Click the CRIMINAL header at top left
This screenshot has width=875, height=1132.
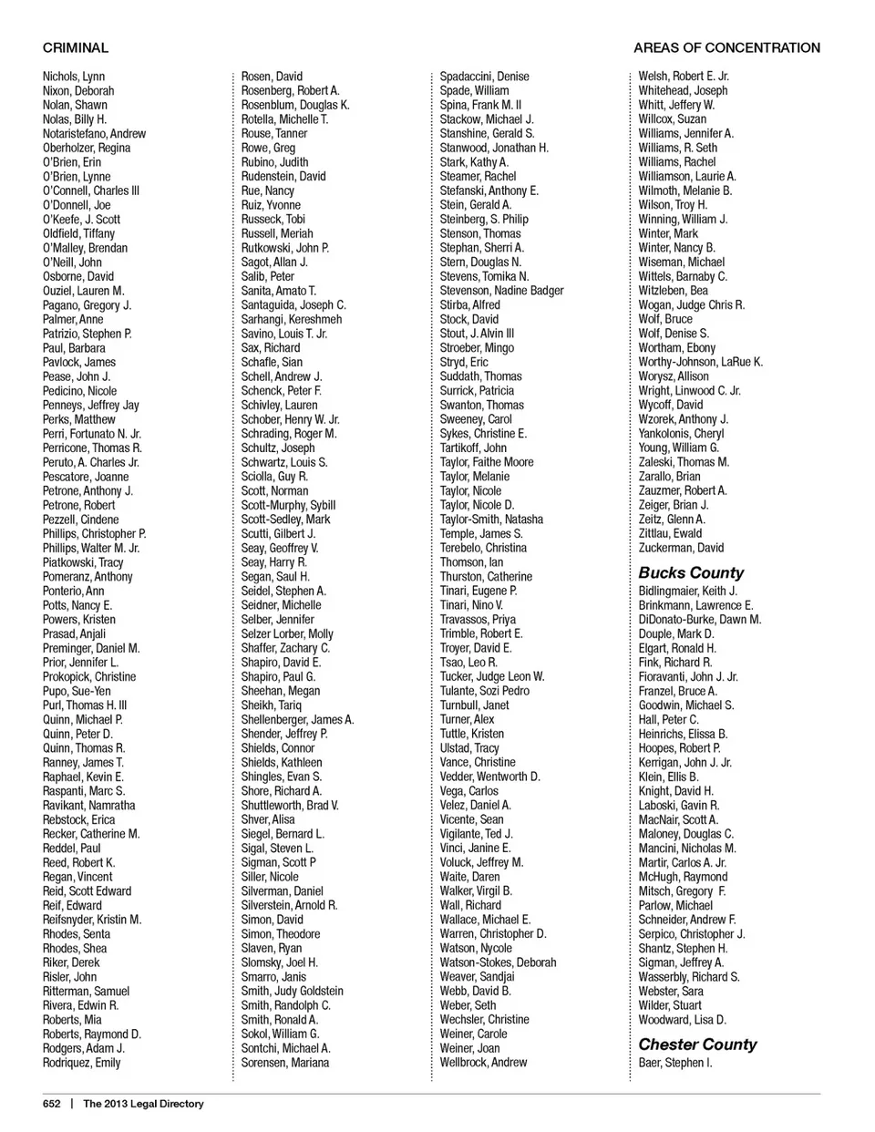(x=76, y=47)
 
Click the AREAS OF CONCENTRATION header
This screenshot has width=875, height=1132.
(x=726, y=47)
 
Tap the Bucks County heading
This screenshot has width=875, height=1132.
(x=691, y=572)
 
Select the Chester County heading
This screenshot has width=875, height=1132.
(x=697, y=1045)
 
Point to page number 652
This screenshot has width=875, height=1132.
(x=52, y=1104)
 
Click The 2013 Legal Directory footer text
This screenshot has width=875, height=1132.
(x=143, y=1104)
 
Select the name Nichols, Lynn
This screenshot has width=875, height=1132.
(x=74, y=77)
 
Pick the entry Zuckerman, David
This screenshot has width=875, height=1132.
(x=681, y=548)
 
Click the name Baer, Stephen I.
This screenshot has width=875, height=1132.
(x=675, y=1063)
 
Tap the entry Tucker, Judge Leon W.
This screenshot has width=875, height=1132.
(x=492, y=676)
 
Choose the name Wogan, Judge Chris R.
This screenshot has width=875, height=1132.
(x=691, y=305)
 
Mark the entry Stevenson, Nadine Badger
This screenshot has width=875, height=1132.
(x=501, y=291)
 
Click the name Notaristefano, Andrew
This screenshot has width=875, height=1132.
(x=94, y=134)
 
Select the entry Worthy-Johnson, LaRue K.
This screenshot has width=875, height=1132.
(x=700, y=362)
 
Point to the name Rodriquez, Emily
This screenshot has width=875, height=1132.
(x=81, y=1063)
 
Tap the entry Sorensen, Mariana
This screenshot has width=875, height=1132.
(x=284, y=1063)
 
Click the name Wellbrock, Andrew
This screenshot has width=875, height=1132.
(x=483, y=1063)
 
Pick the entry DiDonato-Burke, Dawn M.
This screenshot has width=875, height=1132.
(x=699, y=620)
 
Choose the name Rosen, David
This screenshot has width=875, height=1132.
(x=272, y=77)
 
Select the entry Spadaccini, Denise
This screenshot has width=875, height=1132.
(x=484, y=77)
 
